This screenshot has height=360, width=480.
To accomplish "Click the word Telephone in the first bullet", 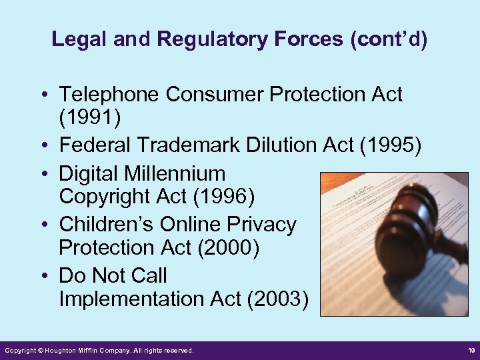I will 109,95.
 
